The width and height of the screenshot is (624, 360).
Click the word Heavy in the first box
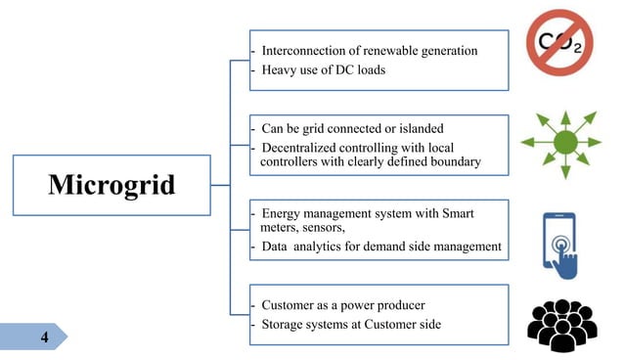tap(280, 69)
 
